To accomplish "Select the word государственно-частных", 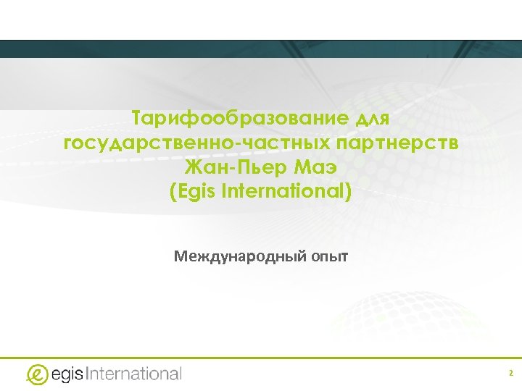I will click(x=184, y=143).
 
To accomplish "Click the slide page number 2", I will click(x=510, y=374).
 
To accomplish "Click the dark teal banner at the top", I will click(x=261, y=49).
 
